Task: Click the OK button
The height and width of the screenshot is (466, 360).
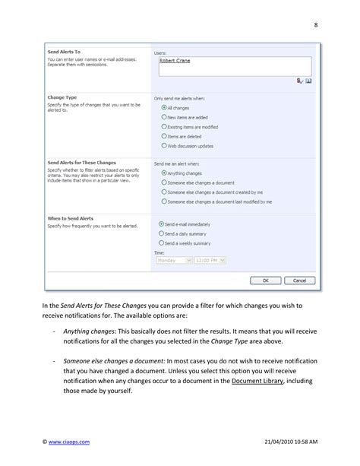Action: pyautogui.click(x=265, y=280)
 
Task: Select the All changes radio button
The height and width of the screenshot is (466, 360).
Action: pyautogui.click(x=164, y=107)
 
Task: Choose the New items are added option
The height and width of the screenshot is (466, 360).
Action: pyautogui.click(x=164, y=117)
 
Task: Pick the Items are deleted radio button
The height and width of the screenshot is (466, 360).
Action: pyautogui.click(x=164, y=135)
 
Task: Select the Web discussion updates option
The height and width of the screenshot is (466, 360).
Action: pyautogui.click(x=164, y=145)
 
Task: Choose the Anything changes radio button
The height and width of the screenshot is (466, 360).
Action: pyautogui.click(x=164, y=173)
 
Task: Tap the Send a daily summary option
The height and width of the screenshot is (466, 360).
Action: pyautogui.click(x=161, y=233)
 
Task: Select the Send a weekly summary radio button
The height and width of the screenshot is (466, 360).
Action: pyautogui.click(x=161, y=243)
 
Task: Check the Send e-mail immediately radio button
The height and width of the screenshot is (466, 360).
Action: pyautogui.click(x=161, y=224)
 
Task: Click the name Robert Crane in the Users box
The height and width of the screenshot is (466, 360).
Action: pyautogui.click(x=174, y=62)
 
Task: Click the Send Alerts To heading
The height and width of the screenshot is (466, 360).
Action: pyautogui.click(x=64, y=52)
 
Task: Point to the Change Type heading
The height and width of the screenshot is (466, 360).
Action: pyautogui.click(x=62, y=98)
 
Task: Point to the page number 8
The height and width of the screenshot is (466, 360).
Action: pyautogui.click(x=316, y=24)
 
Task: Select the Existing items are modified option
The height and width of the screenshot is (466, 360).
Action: pyautogui.click(x=164, y=126)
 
